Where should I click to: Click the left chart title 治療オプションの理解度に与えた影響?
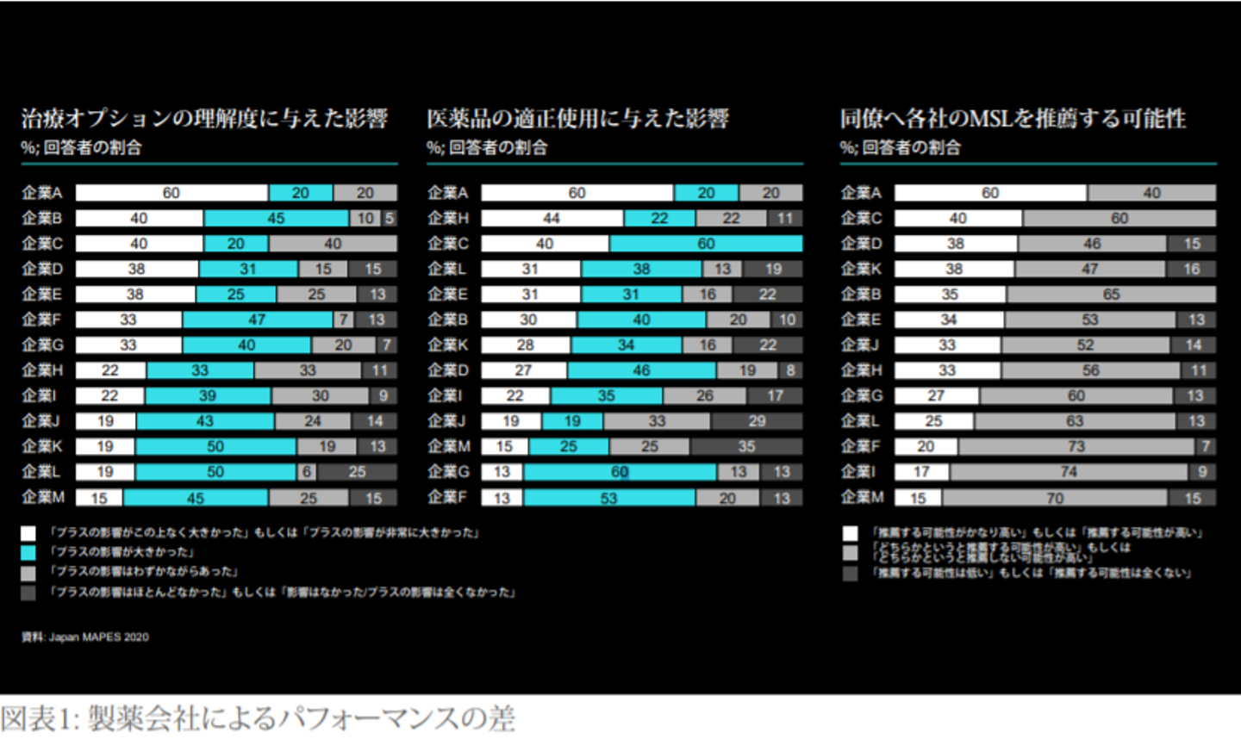point(204,118)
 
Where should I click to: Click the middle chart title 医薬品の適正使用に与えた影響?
point(577,118)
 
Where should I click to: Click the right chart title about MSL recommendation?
point(1013,118)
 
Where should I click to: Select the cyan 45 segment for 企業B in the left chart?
point(276,219)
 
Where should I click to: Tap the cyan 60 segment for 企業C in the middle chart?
point(706,244)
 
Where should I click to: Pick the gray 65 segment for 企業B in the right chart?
point(1111,295)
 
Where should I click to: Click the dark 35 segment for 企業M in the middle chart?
point(745,447)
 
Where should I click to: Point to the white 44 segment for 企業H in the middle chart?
point(552,219)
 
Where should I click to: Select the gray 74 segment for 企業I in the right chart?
point(1069,472)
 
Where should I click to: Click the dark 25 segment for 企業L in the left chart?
point(357,472)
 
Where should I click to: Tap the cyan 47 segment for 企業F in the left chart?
point(257,320)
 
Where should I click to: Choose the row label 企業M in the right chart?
point(862,498)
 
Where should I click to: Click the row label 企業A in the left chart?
point(42,193)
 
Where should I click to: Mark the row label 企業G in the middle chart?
point(448,472)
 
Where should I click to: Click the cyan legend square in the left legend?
point(28,552)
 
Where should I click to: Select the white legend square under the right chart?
point(851,533)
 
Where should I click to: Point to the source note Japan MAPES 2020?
point(85,637)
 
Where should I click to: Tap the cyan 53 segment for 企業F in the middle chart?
point(608,498)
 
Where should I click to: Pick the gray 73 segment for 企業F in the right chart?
point(1076,447)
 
